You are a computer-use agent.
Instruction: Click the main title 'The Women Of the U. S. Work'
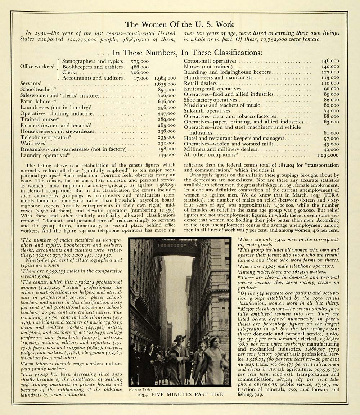179,24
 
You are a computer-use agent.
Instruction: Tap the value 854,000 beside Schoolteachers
167,90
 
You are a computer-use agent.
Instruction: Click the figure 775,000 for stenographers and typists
139,62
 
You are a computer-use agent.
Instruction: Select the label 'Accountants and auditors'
87,78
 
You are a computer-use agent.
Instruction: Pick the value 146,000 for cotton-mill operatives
330,61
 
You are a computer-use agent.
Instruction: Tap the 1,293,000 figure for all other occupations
328,155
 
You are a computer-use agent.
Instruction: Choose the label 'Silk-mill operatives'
207,111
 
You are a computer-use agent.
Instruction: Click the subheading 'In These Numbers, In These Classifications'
187,53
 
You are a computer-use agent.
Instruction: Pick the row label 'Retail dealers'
200,83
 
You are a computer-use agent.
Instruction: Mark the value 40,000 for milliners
331,149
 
